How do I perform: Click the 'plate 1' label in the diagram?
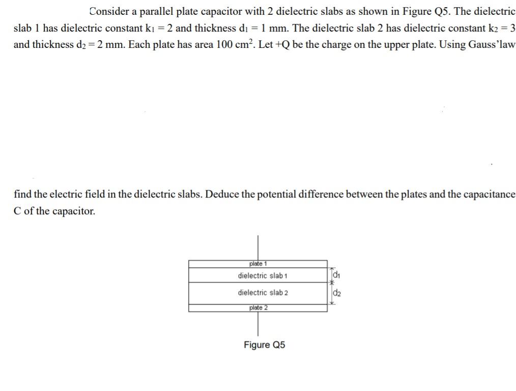(x=258, y=264)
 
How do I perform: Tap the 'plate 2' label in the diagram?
(x=258, y=308)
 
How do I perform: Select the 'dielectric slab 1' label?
(x=263, y=275)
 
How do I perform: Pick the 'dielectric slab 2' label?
(x=263, y=293)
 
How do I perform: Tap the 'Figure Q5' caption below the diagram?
(x=264, y=345)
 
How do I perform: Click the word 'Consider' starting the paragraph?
(x=108, y=11)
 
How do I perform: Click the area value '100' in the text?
(x=224, y=44)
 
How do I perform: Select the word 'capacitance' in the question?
(x=490, y=194)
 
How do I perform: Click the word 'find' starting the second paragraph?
(x=22, y=194)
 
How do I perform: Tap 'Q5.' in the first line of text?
(x=439, y=11)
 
